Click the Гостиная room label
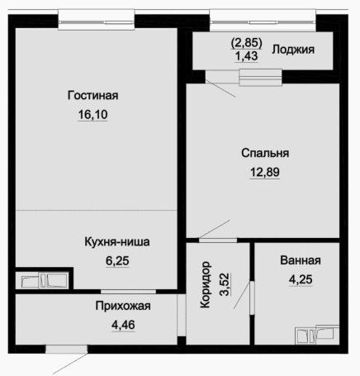(x=93, y=96)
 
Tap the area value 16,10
(x=92, y=114)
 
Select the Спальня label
(x=265, y=153)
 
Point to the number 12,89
(x=265, y=172)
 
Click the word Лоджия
(x=293, y=50)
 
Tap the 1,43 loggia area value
(x=246, y=56)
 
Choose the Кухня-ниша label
(x=117, y=242)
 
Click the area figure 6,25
(x=117, y=261)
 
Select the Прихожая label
(x=123, y=306)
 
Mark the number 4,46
(x=123, y=325)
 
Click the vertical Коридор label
(x=206, y=284)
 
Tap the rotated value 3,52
(x=225, y=284)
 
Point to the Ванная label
(x=301, y=260)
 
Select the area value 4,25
(x=301, y=279)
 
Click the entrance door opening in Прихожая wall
(x=66, y=349)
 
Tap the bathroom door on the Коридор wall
(x=252, y=297)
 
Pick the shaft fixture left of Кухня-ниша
(x=44, y=280)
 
